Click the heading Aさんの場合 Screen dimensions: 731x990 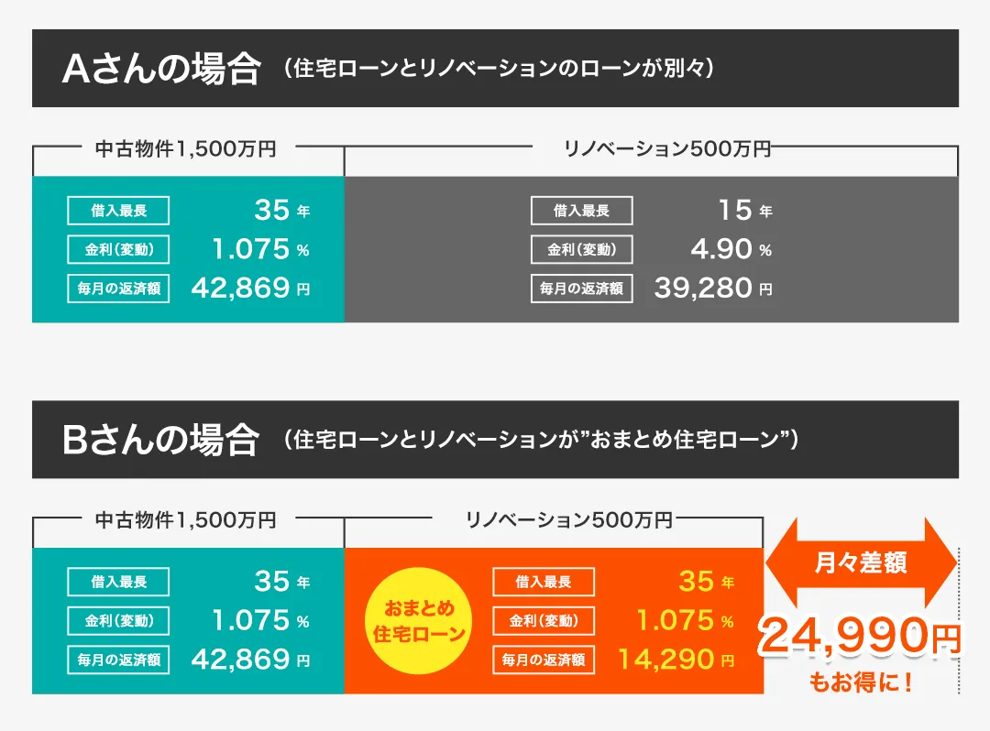[160, 70]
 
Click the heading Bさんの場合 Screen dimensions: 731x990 [160, 441]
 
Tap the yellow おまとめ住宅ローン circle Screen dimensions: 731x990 [420, 620]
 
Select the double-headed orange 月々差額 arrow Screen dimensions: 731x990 [860, 563]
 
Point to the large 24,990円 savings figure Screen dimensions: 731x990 [859, 637]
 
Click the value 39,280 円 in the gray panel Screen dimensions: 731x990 [713, 289]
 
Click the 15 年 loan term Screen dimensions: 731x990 [744, 211]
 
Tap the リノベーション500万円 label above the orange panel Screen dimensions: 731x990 [568, 519]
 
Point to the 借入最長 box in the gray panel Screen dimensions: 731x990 [581, 211]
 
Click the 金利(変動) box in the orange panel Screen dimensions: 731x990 [544, 620]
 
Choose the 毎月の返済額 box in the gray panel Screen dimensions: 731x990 [581, 289]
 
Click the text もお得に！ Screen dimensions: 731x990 [861, 683]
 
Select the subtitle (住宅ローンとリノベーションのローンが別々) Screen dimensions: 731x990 [499, 70]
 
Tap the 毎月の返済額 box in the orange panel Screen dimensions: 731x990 [544, 659]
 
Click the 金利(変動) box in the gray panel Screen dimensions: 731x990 [581, 249]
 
